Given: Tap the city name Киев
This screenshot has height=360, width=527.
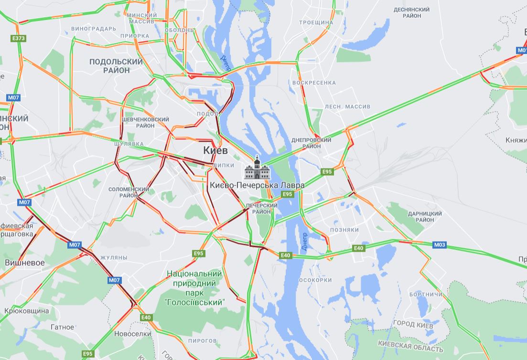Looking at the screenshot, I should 215,150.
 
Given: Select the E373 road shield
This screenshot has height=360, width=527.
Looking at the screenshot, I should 19,38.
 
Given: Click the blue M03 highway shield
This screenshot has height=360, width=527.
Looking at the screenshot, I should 440,245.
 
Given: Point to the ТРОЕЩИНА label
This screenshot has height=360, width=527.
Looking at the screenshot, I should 316,22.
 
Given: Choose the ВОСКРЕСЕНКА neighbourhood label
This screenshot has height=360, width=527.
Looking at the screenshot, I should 314,83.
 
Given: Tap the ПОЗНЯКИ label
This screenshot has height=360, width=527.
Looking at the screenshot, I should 344,230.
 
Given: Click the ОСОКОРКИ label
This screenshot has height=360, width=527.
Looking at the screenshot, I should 315,280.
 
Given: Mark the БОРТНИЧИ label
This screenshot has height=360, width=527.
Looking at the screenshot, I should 426,295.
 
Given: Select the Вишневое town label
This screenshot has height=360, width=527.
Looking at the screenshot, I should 25,263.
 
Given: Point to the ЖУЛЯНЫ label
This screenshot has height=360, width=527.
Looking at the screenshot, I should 114,257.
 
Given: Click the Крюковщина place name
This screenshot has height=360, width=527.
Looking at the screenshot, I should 26,311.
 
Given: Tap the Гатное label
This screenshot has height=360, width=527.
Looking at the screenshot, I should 62,327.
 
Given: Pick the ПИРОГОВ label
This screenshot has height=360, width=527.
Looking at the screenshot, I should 203,340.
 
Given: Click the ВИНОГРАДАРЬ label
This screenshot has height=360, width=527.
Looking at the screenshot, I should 94,29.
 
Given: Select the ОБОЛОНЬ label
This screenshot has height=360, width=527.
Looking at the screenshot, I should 179,30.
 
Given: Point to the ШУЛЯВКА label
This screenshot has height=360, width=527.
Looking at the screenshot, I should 129,143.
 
